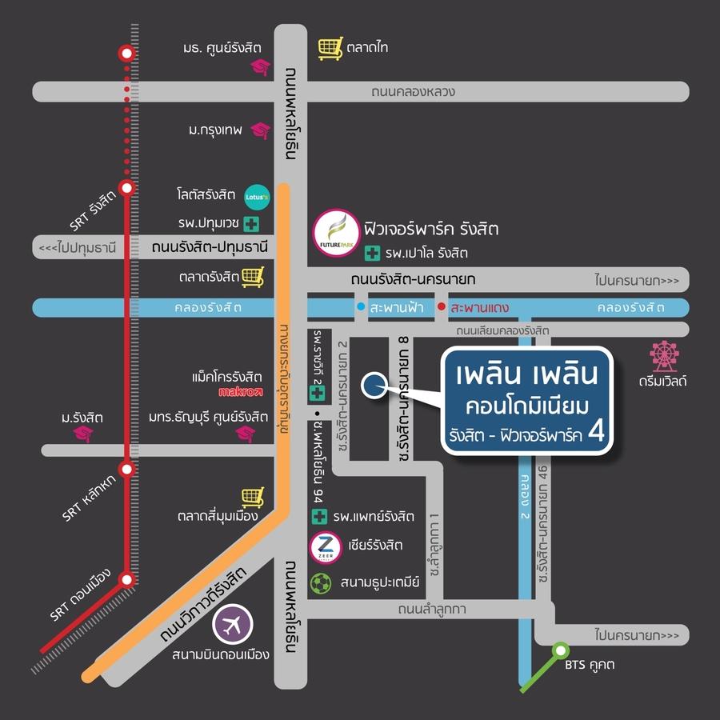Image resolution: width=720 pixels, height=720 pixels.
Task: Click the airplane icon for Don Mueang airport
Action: (232, 625)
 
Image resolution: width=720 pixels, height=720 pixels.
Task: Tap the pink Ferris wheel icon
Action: (664, 356)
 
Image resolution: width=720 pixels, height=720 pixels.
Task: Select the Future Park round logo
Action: (336, 233)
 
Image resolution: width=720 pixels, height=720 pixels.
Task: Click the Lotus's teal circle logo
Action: (257, 197)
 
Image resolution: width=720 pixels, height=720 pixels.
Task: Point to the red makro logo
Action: (240, 392)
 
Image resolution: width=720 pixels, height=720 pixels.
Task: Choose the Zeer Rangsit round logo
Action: (326, 548)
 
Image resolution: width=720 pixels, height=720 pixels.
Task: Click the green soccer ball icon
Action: (321, 584)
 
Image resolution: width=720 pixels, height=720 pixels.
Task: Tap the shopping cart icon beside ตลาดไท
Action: (330, 48)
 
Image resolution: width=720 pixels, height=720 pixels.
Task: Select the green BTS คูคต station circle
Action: (560, 650)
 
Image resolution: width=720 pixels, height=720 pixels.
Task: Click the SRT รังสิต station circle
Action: (127, 188)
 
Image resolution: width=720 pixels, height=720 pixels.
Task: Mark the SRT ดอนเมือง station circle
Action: (127, 579)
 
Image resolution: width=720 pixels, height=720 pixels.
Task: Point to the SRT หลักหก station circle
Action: (127, 469)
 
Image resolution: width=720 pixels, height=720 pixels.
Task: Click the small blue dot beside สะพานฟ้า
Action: (361, 306)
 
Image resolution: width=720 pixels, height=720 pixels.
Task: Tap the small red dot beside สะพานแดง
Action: (442, 306)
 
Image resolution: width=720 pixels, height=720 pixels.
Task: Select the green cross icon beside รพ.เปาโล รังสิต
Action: (372, 253)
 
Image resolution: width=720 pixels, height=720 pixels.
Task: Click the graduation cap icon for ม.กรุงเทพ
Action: (261, 131)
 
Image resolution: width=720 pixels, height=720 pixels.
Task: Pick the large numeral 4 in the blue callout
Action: (596, 431)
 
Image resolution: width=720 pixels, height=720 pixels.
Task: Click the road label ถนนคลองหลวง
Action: (414, 92)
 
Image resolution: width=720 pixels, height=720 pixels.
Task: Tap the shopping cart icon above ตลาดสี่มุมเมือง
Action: (254, 498)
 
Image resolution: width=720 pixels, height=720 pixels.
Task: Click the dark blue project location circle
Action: (374, 386)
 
